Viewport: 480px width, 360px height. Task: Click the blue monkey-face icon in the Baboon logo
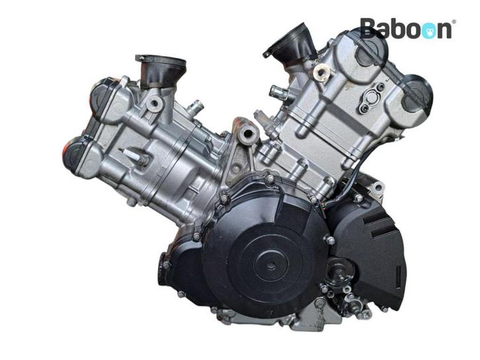(428, 30)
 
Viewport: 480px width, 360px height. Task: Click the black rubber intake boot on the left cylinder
(161, 70)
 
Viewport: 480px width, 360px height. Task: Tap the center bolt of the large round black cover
(270, 267)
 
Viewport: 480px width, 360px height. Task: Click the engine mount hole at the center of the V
(247, 133)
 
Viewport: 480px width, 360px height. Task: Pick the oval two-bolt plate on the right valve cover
(371, 96)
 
